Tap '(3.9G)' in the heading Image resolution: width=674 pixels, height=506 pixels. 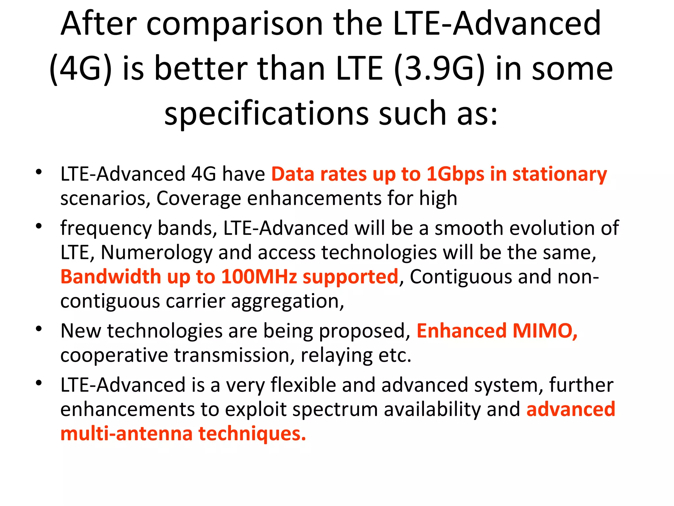coord(439,69)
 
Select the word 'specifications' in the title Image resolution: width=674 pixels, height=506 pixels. coord(266,114)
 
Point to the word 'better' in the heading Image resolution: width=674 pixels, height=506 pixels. coord(201,69)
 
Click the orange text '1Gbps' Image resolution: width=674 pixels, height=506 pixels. coord(455,174)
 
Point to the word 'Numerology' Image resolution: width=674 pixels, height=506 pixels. coord(156,253)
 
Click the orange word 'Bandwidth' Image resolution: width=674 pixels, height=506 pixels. coord(111,277)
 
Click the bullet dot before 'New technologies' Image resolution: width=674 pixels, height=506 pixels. coord(39,329)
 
